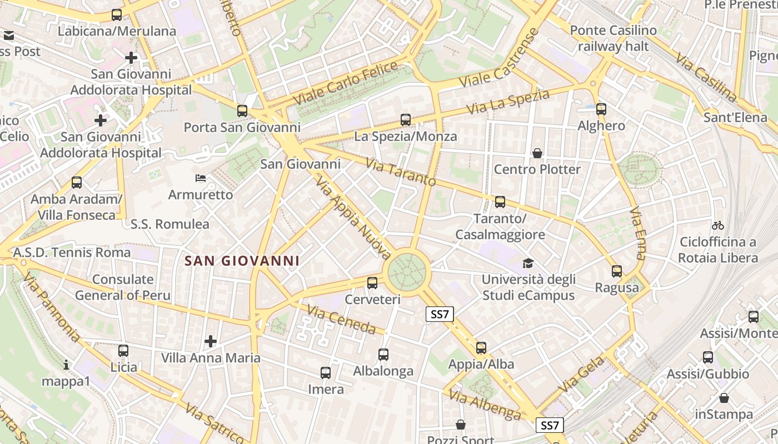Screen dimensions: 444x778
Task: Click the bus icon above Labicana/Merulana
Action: point(117,15)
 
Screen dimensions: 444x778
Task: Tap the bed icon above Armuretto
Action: point(201,178)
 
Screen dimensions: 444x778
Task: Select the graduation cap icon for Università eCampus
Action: point(527,263)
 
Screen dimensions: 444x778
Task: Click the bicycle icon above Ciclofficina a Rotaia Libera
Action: point(718,225)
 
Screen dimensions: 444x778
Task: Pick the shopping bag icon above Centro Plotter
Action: point(537,153)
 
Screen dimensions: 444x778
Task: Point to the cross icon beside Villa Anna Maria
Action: point(211,341)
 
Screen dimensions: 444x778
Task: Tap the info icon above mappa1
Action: point(66,365)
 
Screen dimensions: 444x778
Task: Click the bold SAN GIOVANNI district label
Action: point(242,261)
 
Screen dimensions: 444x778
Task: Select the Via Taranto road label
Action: point(401,172)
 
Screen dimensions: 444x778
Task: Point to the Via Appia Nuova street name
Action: point(353,218)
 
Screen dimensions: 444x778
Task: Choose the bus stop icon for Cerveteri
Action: point(372,283)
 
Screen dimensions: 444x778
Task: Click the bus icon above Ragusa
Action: point(617,271)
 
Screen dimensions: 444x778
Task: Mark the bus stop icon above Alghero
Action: point(601,109)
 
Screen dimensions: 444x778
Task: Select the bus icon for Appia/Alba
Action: point(481,348)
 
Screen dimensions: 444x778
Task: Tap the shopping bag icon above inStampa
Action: point(724,398)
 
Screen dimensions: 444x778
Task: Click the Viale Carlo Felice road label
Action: point(346,84)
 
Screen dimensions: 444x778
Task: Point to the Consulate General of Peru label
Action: point(123,287)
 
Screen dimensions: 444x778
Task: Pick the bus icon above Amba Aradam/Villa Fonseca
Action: point(77,182)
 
